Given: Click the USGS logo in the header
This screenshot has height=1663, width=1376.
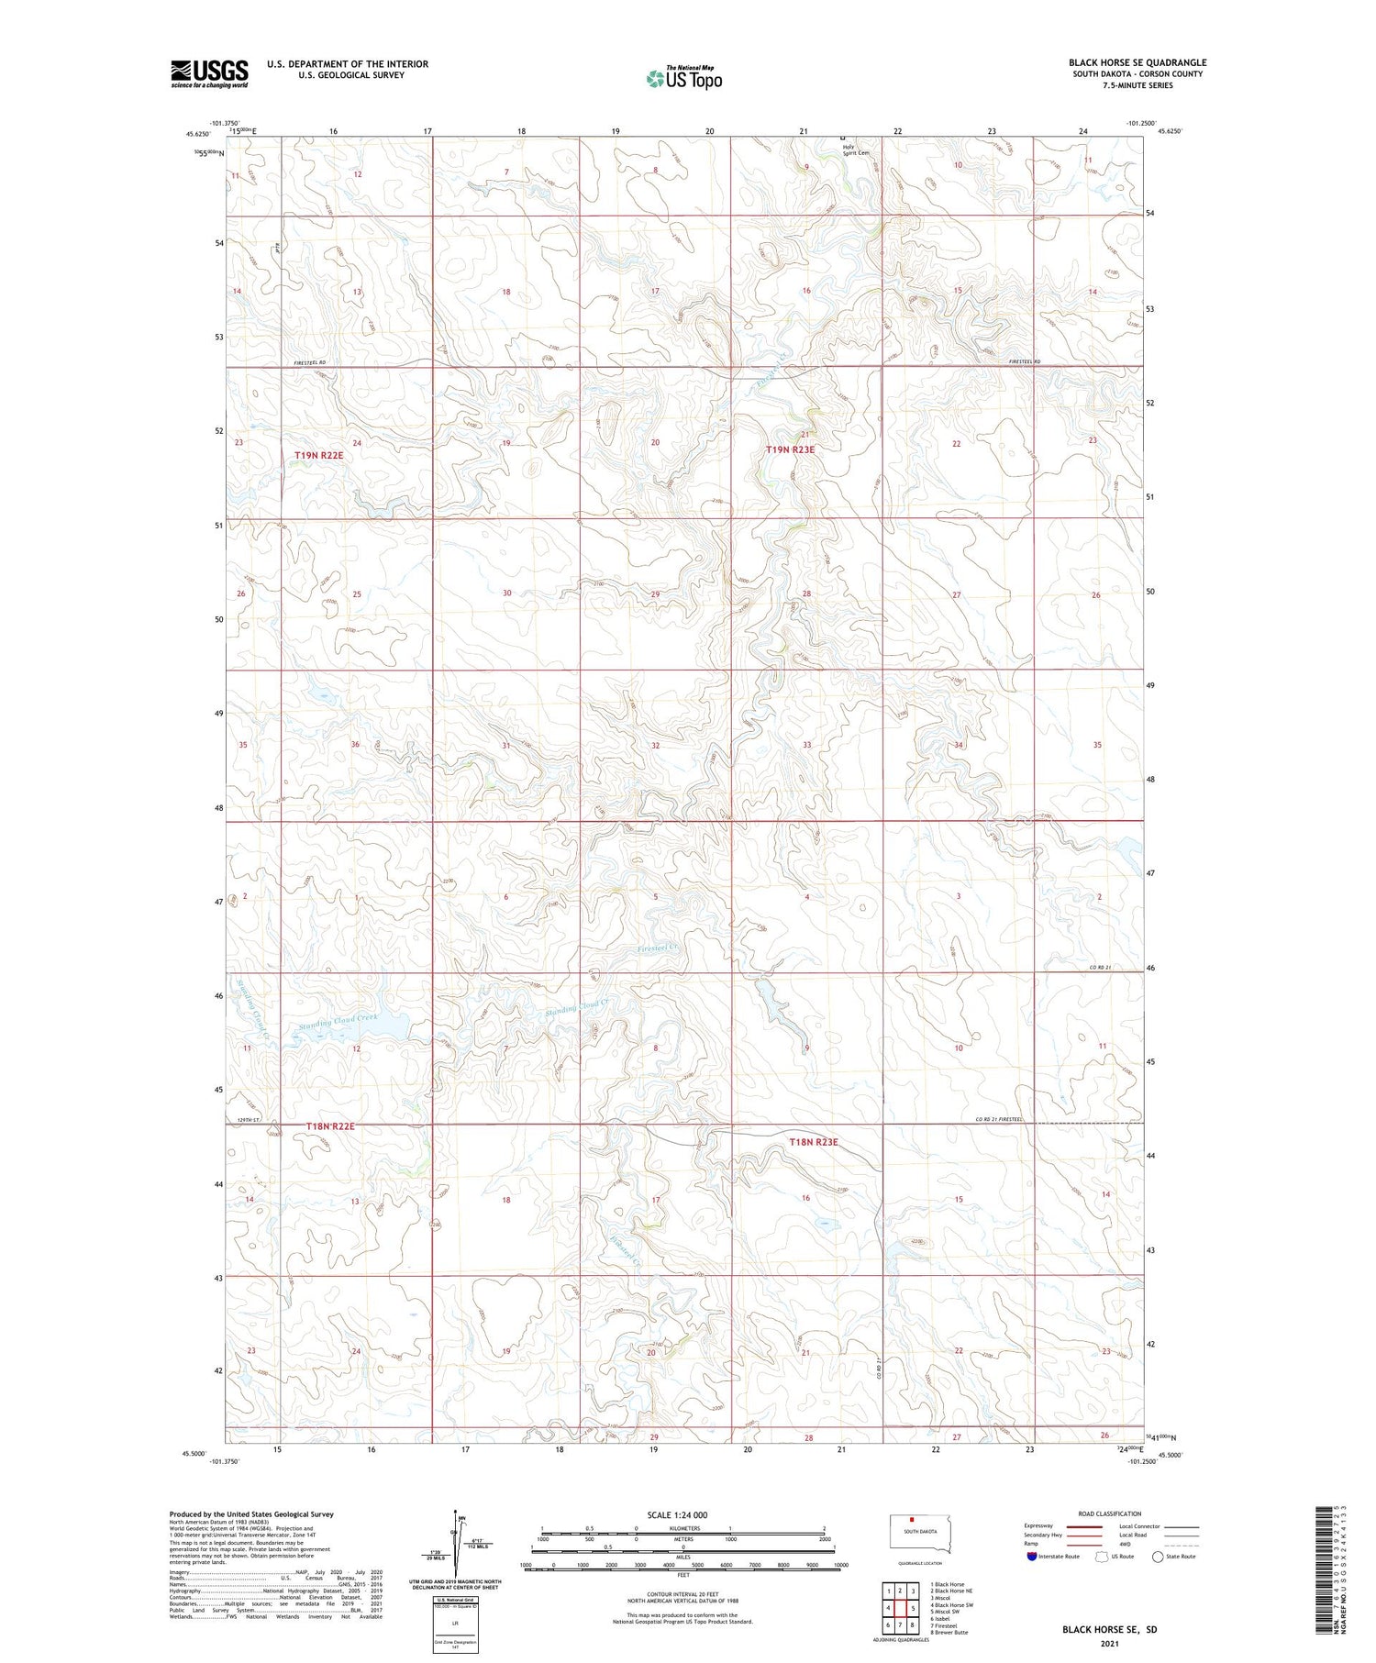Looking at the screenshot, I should pyautogui.click(x=209, y=73).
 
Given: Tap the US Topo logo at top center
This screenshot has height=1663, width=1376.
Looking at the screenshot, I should pyautogui.click(x=683, y=79).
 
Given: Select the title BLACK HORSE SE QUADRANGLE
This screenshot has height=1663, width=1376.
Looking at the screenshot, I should pyautogui.click(x=1137, y=62).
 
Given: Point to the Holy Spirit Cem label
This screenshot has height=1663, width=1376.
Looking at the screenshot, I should pyautogui.click(x=843, y=149).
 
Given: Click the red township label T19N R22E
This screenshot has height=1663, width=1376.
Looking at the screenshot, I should pyautogui.click(x=318, y=455).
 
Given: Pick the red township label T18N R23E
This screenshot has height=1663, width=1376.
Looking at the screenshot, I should pyautogui.click(x=814, y=1142).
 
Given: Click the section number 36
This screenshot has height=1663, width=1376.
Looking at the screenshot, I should pyautogui.click(x=355, y=744).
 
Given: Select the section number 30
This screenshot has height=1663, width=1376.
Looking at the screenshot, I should pyautogui.click(x=506, y=593).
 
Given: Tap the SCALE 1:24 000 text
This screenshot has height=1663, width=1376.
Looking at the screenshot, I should pyautogui.click(x=678, y=1514).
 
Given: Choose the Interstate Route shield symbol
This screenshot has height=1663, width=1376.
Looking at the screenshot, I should pyautogui.click(x=1032, y=1556).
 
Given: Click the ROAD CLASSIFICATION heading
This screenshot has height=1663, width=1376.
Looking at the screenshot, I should pyautogui.click(x=1109, y=1513).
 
